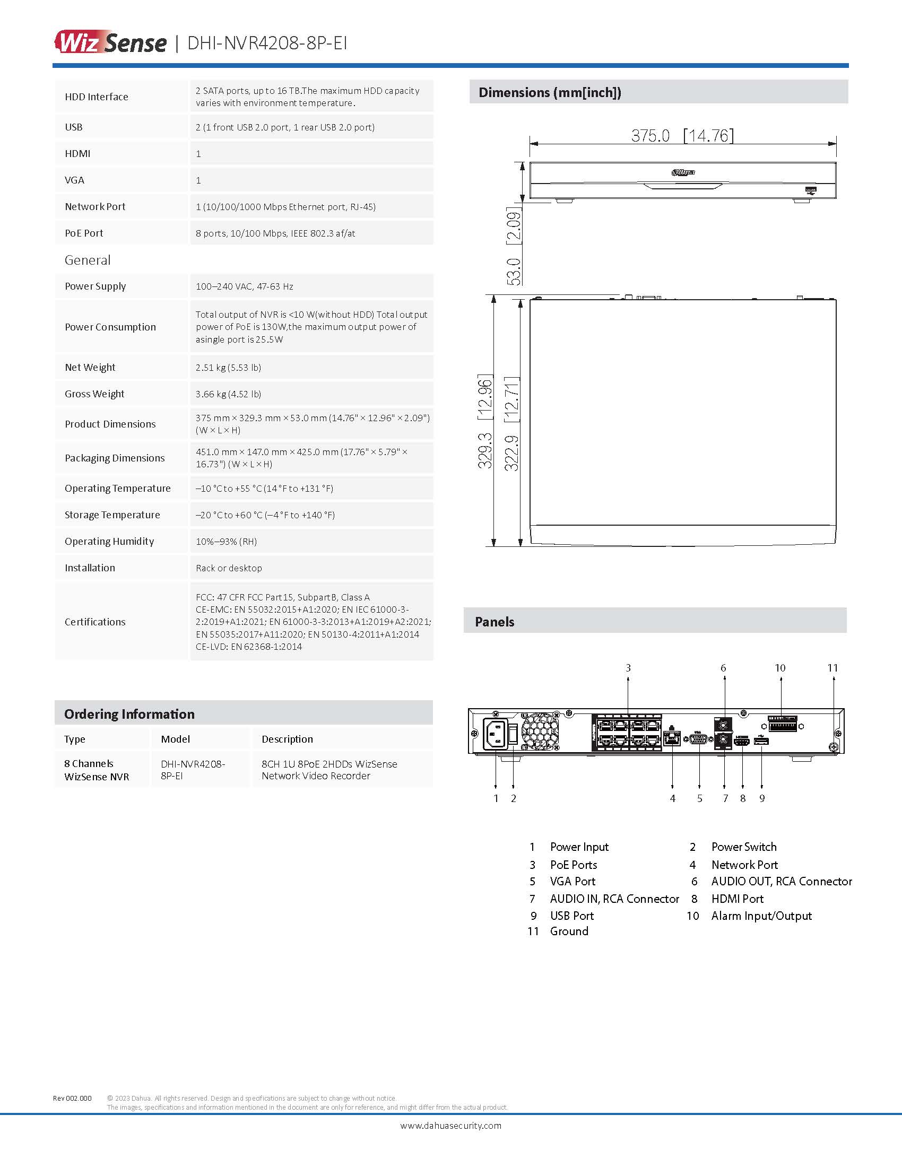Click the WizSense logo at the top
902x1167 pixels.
pyautogui.click(x=110, y=42)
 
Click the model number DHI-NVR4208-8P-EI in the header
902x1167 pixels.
pyautogui.click(x=267, y=43)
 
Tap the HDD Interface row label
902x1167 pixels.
pyautogui.click(x=96, y=97)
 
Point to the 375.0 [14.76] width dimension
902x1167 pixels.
pyautogui.click(x=682, y=135)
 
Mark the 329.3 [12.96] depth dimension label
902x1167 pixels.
pyautogui.click(x=484, y=422)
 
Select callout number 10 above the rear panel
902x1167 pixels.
pyautogui.click(x=780, y=668)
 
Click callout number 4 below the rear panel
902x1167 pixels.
pyautogui.click(x=672, y=798)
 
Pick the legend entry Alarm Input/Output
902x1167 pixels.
pyautogui.click(x=761, y=916)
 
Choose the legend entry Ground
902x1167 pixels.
pyautogui.click(x=569, y=931)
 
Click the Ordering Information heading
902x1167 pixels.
pyautogui.click(x=129, y=714)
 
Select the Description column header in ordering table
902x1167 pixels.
pyautogui.click(x=287, y=739)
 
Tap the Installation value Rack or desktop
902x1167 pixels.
pyautogui.click(x=229, y=568)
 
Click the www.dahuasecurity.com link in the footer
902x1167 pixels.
pyautogui.click(x=450, y=1126)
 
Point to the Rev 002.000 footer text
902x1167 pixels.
pyautogui.click(x=72, y=1099)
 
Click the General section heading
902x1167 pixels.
pyautogui.click(x=88, y=260)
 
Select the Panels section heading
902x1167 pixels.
pyautogui.click(x=495, y=622)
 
